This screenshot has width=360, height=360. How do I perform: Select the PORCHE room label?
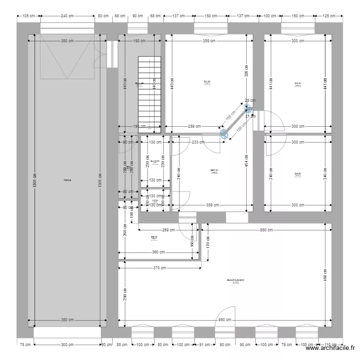67,180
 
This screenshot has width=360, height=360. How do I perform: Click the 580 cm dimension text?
266,230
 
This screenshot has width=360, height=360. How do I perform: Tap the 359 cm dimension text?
212,206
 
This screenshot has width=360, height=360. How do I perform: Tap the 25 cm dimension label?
247,100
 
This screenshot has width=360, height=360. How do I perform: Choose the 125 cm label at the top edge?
329,16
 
